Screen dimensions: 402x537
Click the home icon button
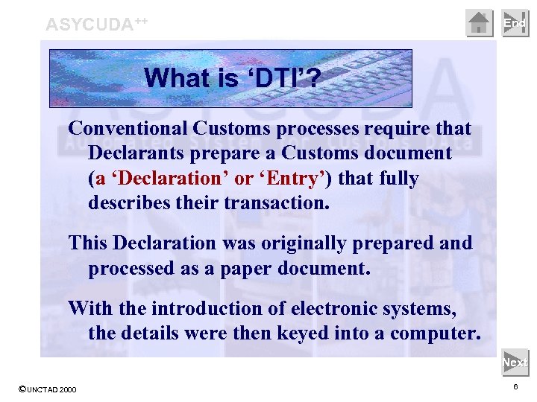tap(480, 23)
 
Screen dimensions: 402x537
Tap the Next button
tap(515, 363)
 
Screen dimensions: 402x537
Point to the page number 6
tap(515, 388)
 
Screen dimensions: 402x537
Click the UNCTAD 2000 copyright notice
tap(47, 389)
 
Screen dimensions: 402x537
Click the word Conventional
tap(128, 129)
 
